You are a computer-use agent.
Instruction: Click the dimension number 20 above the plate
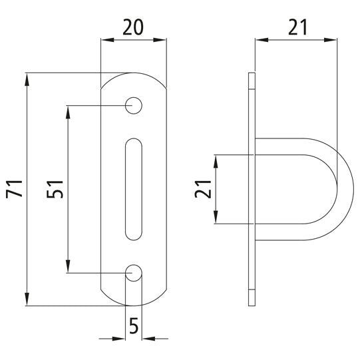pos(133,28)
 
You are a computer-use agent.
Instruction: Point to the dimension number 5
pos(134,326)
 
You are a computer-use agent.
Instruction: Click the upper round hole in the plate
pos(134,104)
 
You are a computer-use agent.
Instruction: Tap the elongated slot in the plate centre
pos(134,188)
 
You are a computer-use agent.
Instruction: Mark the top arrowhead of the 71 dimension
pos(27,79)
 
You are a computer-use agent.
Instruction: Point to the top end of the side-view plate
pos(251,75)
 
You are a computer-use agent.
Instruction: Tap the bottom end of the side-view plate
pos(251,303)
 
